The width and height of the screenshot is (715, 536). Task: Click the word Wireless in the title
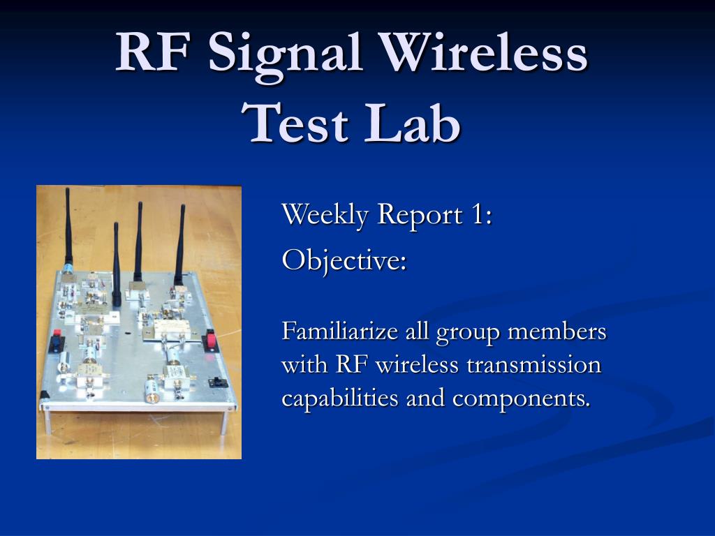coord(484,52)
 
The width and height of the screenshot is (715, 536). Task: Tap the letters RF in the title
coord(152,52)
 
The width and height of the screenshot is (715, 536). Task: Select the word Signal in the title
coord(286,57)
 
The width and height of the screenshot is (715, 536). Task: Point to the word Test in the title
coord(295,122)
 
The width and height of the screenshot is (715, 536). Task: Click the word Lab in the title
coord(413,121)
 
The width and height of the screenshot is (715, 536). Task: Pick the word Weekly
coord(325,215)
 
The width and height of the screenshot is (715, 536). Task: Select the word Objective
coord(344,261)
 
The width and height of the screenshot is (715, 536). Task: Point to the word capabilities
coord(340,399)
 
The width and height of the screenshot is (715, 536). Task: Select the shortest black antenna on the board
coord(117,265)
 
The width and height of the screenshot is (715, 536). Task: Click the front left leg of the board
coord(48,422)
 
